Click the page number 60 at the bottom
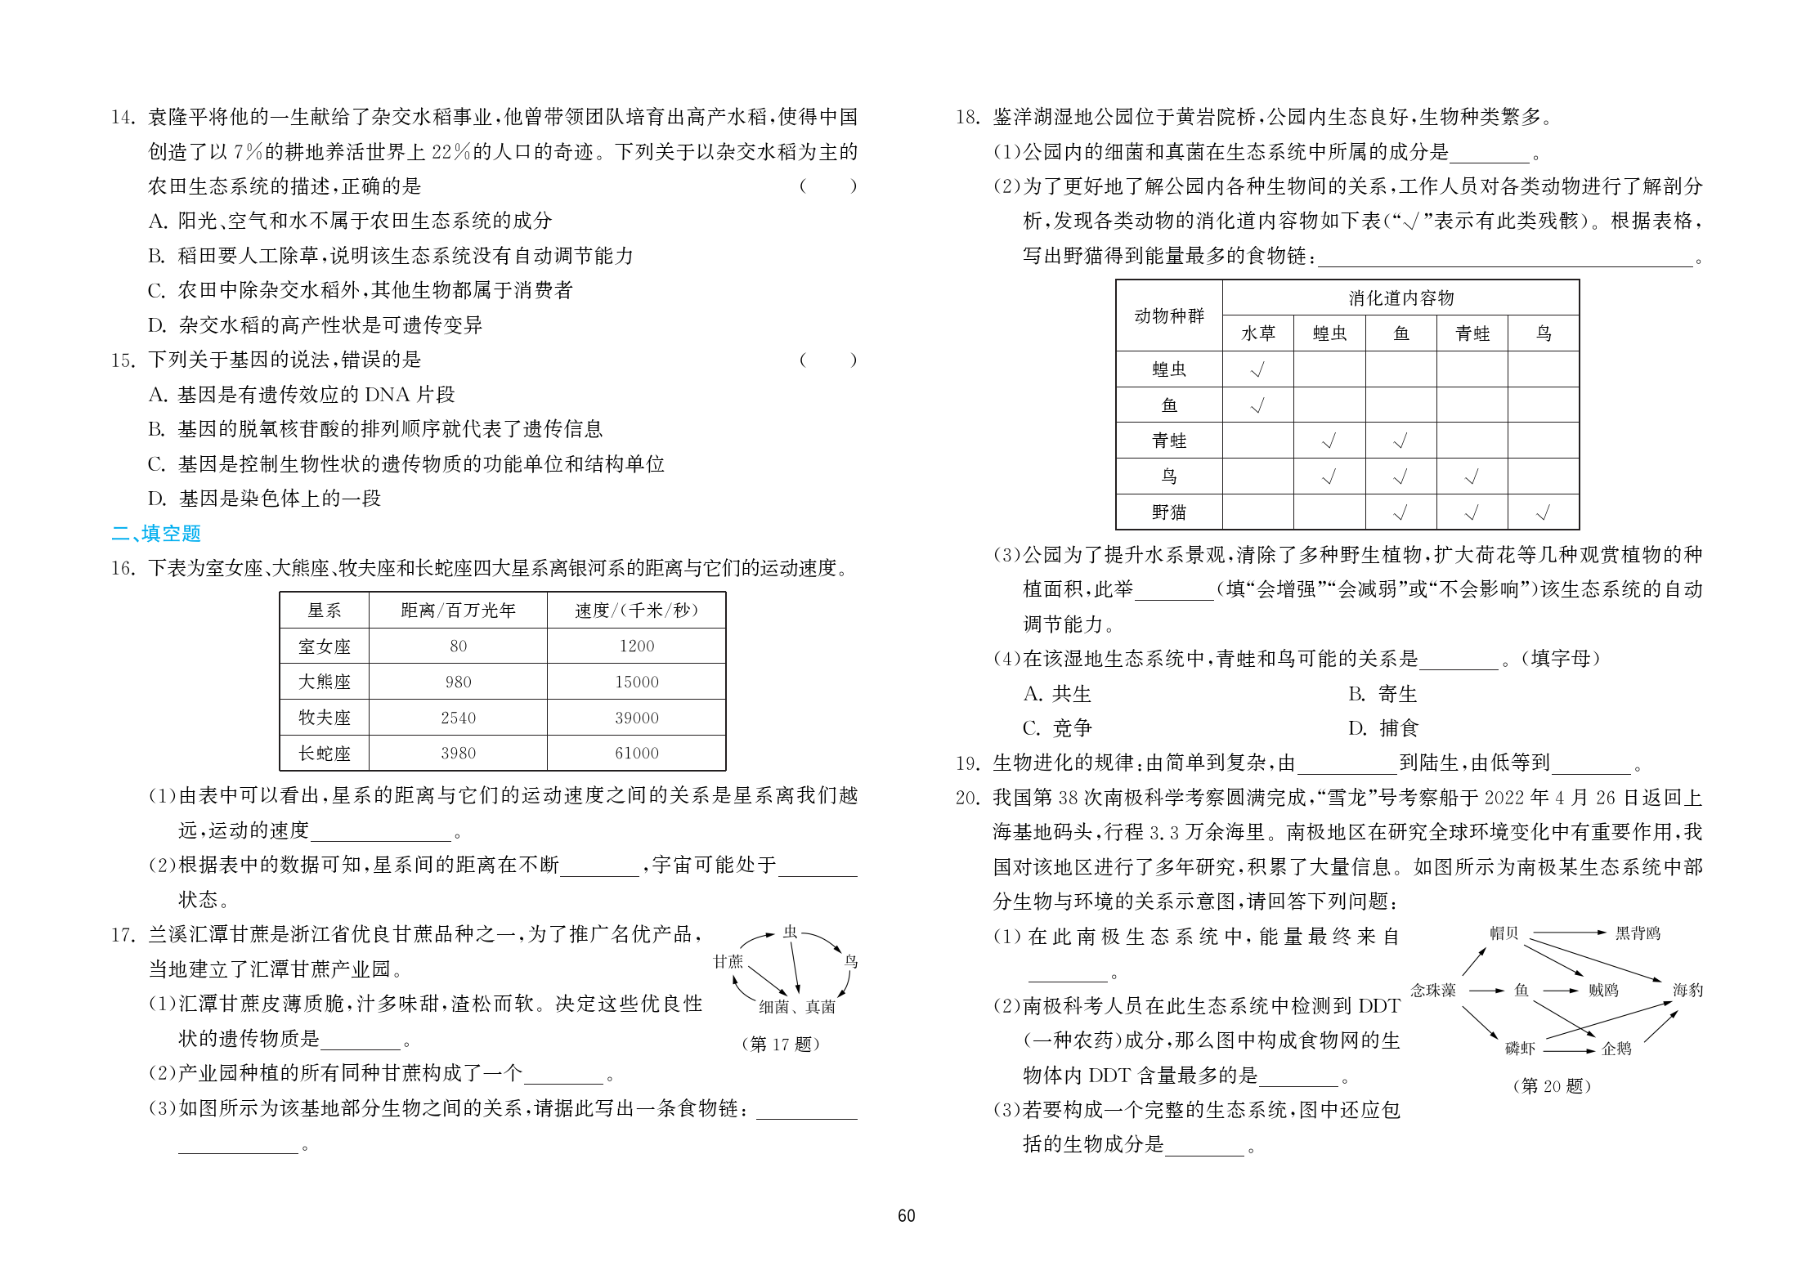(906, 1215)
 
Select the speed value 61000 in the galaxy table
(636, 753)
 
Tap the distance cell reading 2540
(458, 718)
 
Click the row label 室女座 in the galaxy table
(324, 646)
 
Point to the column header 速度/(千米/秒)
(636, 611)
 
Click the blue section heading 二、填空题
(156, 534)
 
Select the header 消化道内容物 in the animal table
(1400, 298)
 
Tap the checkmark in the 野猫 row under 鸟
(1543, 513)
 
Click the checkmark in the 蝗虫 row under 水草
(1257, 369)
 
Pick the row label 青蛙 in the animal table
(1168, 441)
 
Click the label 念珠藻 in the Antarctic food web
(1433, 991)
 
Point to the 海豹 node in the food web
(1687, 991)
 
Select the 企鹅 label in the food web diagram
(1616, 1049)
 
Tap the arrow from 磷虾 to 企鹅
(1568, 1050)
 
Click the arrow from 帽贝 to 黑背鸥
(1568, 933)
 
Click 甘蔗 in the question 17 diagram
(728, 962)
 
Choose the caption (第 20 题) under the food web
(1552, 1086)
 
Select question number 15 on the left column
(123, 360)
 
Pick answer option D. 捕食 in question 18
(1383, 728)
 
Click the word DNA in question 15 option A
(387, 395)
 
